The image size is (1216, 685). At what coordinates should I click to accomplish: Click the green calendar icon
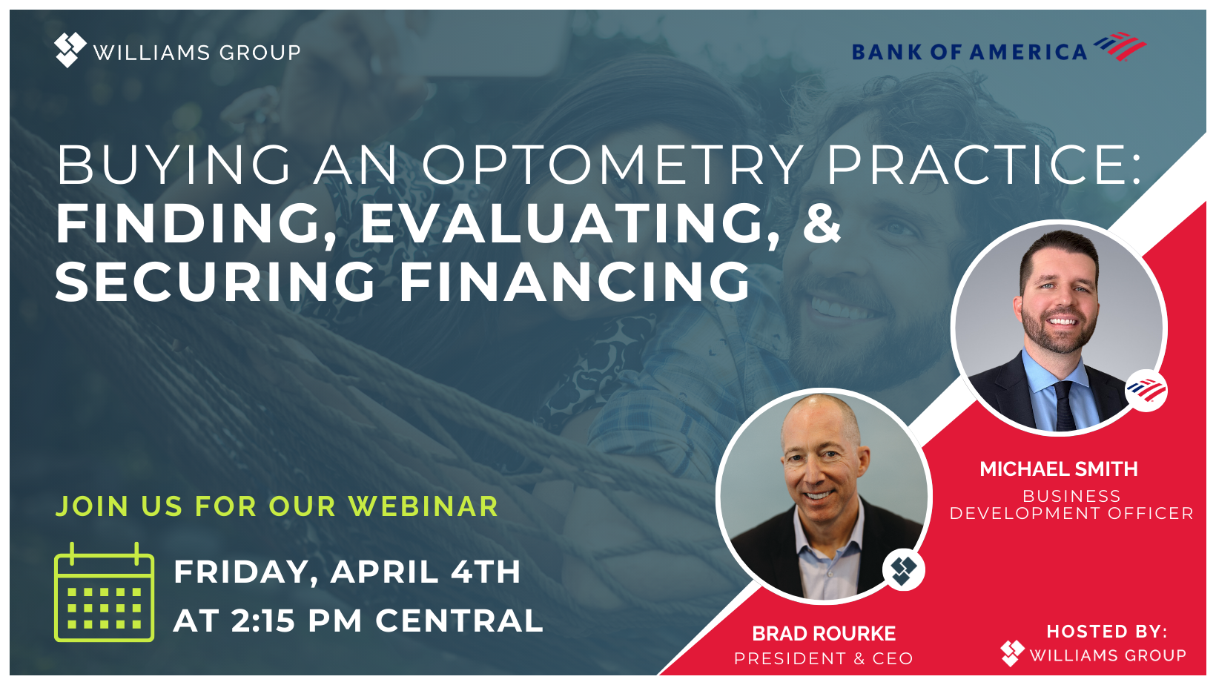click(x=105, y=592)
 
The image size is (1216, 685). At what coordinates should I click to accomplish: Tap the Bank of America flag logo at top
click(x=1120, y=46)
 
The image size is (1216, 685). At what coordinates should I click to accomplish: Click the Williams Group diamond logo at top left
click(x=70, y=50)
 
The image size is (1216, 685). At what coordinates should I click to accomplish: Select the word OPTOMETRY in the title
click(x=613, y=165)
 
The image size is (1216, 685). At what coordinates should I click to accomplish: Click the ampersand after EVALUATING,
click(x=822, y=223)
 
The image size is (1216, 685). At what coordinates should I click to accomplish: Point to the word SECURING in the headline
click(x=215, y=281)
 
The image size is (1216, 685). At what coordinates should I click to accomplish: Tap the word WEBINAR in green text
click(x=423, y=506)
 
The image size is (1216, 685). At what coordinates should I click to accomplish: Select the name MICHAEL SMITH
click(x=1059, y=469)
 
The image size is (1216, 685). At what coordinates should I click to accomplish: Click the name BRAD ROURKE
click(x=824, y=633)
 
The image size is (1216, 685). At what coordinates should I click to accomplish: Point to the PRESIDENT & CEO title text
click(x=824, y=658)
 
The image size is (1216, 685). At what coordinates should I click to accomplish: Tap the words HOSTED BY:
click(x=1107, y=632)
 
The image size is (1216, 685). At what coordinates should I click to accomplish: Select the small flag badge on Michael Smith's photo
click(x=1146, y=390)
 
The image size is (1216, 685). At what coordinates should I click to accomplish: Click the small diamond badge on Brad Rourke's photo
click(x=903, y=569)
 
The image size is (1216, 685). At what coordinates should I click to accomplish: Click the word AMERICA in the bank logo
click(x=1028, y=52)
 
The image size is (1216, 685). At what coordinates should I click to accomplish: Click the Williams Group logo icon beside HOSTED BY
click(x=1012, y=653)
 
